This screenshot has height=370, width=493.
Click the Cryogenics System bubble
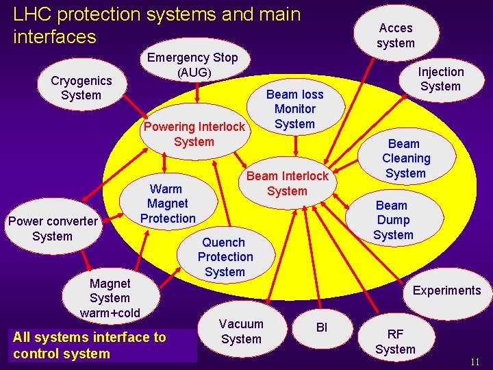[81, 88]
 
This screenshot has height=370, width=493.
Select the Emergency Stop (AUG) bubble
[192, 65]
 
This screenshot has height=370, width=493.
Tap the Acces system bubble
[396, 36]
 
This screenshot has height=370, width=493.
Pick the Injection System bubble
[440, 79]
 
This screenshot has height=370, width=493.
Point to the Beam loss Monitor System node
[294, 109]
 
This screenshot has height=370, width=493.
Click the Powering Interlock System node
[194, 134]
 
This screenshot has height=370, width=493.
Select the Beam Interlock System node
[288, 183]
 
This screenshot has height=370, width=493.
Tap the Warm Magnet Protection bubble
[168, 203]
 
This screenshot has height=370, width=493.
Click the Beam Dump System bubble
[393, 220]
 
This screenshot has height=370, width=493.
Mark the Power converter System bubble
[53, 229]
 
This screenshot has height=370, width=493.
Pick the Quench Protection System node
[225, 257]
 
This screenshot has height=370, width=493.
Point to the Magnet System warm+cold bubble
[110, 298]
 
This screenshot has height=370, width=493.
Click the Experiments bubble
[446, 291]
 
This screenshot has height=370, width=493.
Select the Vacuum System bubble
[241, 331]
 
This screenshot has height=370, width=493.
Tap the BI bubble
[322, 328]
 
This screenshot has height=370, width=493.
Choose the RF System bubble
[395, 341]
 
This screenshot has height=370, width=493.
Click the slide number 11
[475, 362]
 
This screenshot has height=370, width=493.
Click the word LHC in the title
[33, 14]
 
